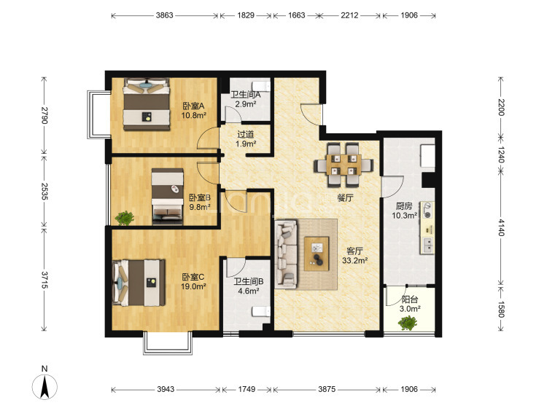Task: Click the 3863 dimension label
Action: (164, 15)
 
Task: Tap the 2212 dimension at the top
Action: (349, 15)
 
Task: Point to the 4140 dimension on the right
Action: (501, 227)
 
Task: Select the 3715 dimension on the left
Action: (44, 280)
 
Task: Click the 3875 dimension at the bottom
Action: (327, 389)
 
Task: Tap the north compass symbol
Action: (44, 383)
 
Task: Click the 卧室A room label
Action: (193, 106)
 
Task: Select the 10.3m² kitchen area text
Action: (404, 216)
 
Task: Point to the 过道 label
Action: (246, 134)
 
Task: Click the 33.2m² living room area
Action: (354, 260)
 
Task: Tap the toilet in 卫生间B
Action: (261, 311)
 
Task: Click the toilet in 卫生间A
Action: (261, 85)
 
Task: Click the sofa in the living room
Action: (286, 254)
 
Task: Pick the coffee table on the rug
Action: (317, 254)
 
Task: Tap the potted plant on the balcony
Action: (408, 323)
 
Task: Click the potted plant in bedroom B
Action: (124, 218)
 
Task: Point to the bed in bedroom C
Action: (139, 283)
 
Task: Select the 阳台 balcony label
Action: (410, 299)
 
